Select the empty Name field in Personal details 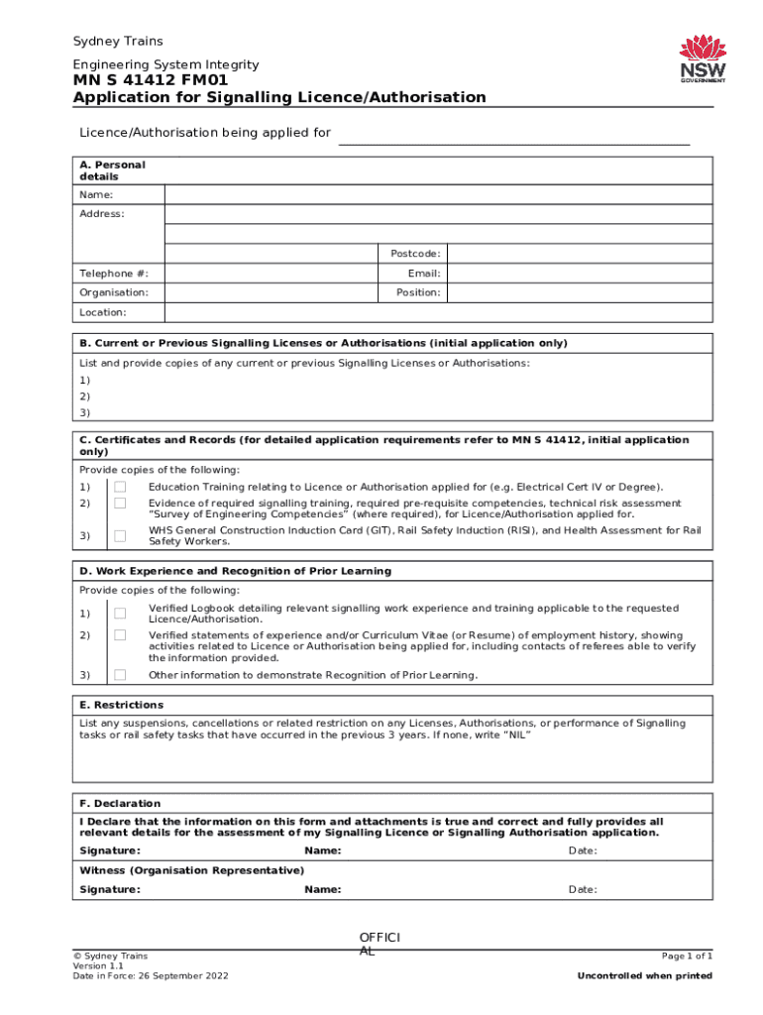point(438,195)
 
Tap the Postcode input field point(578,254)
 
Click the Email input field point(578,274)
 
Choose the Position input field point(578,292)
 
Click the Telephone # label point(107,274)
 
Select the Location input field point(438,312)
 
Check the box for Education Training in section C point(120,488)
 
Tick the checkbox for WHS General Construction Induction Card point(120,536)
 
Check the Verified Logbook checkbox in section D point(120,614)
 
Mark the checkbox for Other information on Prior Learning point(120,675)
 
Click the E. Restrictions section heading point(122,705)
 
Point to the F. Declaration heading point(120,803)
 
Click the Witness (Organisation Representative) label point(191,870)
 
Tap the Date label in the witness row point(582,889)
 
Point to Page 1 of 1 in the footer point(687,956)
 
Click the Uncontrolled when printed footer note point(644,976)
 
